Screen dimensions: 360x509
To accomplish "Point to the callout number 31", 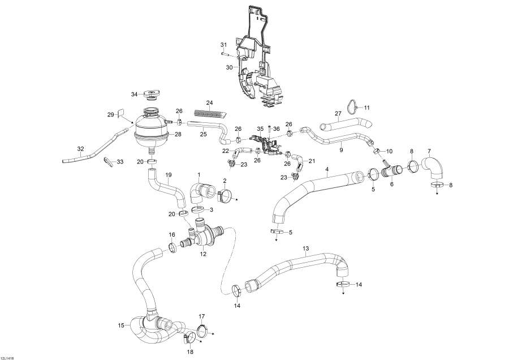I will (x=223, y=45).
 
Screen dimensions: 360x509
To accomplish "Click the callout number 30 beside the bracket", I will (x=229, y=67).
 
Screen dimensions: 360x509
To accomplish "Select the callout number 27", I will (x=338, y=114).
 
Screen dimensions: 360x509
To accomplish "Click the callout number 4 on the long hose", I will (x=326, y=169).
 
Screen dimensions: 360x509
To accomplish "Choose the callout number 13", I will (x=306, y=248).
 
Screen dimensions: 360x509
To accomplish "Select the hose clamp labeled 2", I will (x=226, y=196).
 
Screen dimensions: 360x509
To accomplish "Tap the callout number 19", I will (x=168, y=175).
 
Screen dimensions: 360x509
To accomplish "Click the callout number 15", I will (x=121, y=325).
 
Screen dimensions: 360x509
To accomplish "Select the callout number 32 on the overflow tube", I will (x=80, y=149).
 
